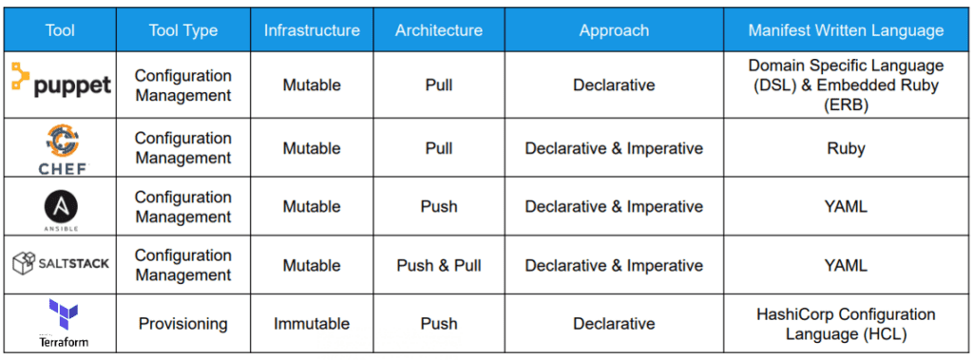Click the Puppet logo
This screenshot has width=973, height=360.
(x=61, y=84)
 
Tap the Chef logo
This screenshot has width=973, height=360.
(x=61, y=147)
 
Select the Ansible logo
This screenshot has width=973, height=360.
(x=61, y=206)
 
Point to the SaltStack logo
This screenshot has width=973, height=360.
(x=61, y=264)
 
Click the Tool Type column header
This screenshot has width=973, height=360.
(x=183, y=30)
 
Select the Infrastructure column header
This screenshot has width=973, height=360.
(x=312, y=30)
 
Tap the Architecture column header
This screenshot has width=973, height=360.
(x=439, y=30)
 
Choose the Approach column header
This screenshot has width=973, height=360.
(x=614, y=30)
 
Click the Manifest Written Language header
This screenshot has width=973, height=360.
(x=846, y=30)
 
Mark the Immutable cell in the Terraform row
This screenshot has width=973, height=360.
(x=312, y=324)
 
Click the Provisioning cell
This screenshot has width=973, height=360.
(x=183, y=324)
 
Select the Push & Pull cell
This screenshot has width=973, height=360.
(x=439, y=265)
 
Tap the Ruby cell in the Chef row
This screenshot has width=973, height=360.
(x=846, y=148)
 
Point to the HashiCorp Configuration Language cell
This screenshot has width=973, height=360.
(x=846, y=324)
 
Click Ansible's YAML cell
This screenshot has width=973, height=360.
(x=846, y=207)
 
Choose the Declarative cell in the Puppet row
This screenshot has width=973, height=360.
(x=614, y=85)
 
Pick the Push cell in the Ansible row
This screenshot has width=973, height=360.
(x=439, y=207)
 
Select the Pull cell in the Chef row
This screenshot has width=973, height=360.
(x=439, y=148)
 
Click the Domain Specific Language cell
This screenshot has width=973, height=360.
(x=846, y=85)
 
